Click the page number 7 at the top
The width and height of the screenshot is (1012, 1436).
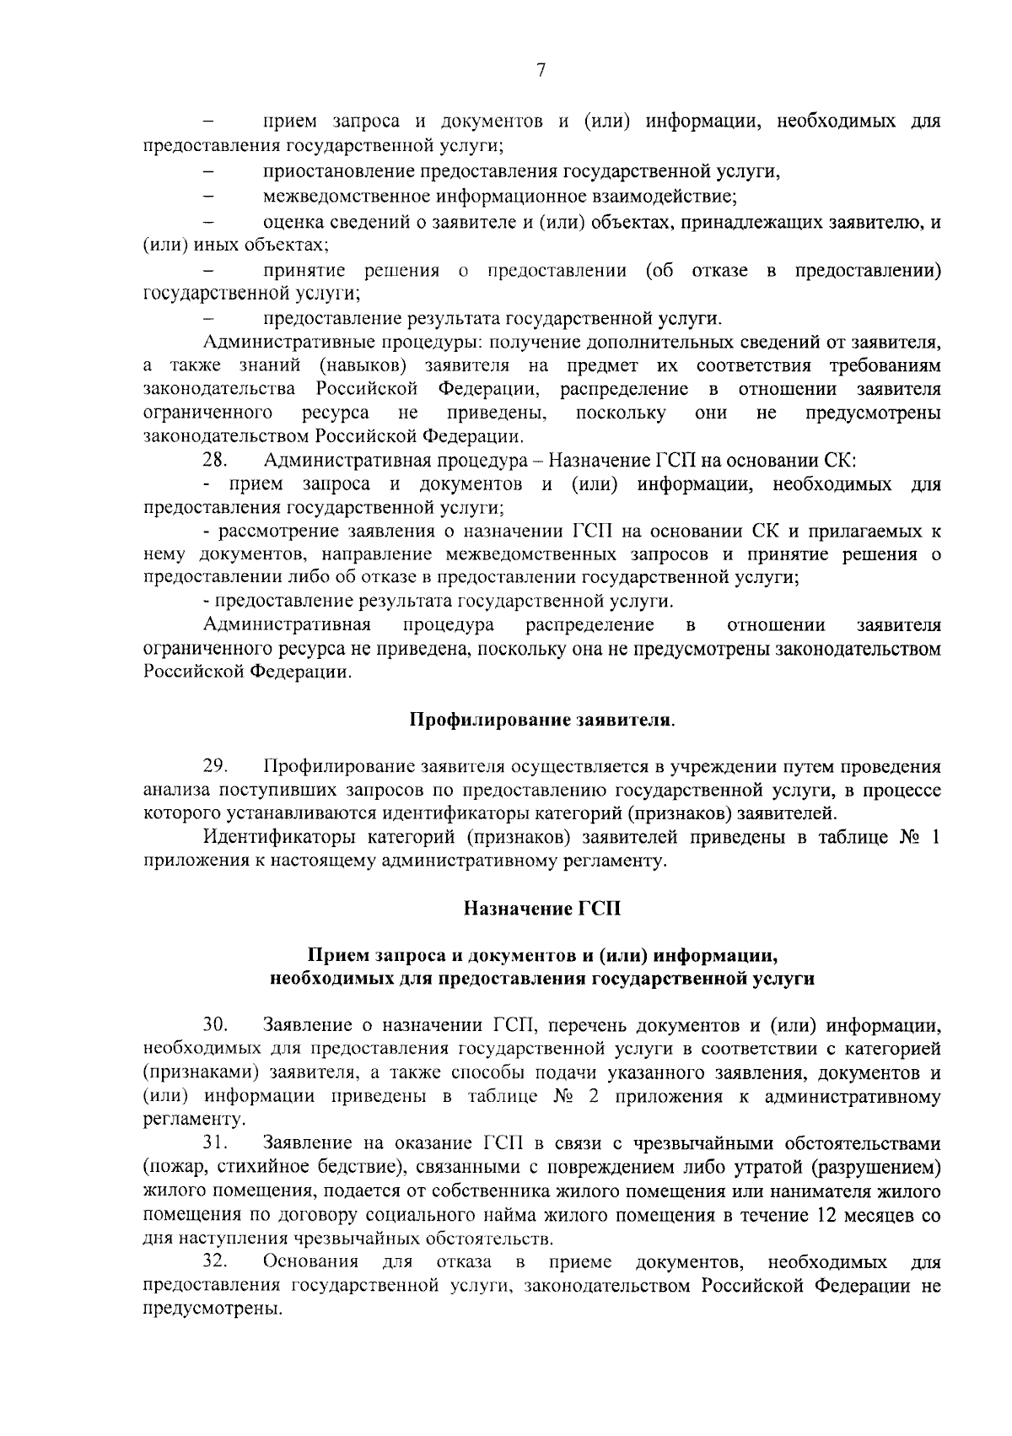(x=541, y=72)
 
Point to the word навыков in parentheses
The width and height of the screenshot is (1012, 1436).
(x=368, y=365)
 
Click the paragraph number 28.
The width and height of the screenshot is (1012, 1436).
(x=214, y=461)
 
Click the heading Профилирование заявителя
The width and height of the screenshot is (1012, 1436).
(x=542, y=721)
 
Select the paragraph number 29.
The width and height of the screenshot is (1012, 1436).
(x=214, y=767)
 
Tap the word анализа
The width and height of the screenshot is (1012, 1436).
(x=177, y=791)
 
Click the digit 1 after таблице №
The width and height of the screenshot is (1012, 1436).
(x=935, y=838)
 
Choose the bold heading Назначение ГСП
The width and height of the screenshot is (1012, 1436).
(x=541, y=909)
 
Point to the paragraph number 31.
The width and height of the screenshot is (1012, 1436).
(x=215, y=1144)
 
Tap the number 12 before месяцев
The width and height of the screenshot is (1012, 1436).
(x=831, y=1216)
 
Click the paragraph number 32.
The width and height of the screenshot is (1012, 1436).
(x=215, y=1263)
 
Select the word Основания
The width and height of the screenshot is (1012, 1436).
(x=310, y=1263)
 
